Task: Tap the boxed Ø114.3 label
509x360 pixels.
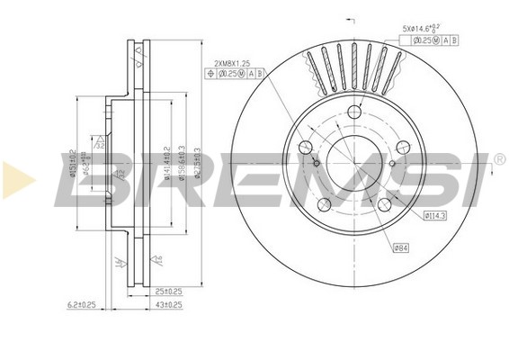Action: click(436, 215)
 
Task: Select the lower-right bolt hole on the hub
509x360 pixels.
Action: click(384, 205)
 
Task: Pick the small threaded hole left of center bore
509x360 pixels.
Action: click(317, 162)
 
